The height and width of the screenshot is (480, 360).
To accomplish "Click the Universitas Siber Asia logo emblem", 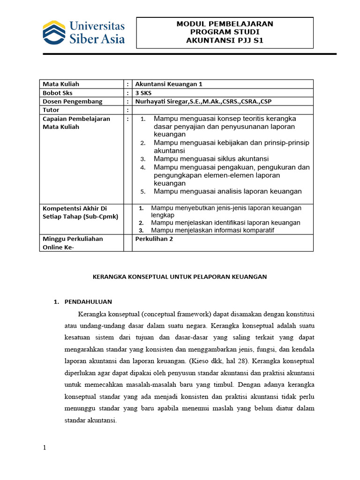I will click(54, 32).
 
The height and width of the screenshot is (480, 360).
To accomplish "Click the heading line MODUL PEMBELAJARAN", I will click(225, 23).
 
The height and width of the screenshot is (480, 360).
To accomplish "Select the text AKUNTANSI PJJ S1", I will click(225, 40).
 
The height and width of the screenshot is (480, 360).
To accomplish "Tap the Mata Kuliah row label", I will click(61, 84).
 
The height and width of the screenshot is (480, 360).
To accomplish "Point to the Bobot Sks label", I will click(58, 93).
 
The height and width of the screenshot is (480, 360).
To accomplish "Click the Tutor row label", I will click(51, 110).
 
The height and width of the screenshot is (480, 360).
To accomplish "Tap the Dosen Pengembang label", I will click(72, 101).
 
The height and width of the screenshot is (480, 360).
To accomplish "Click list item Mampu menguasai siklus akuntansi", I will click(211, 159).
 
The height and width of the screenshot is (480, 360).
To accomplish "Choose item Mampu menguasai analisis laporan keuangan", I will click(228, 191).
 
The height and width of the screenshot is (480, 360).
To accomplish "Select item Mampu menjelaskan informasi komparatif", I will click(212, 230).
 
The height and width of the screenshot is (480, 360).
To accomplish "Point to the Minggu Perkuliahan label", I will click(73, 239).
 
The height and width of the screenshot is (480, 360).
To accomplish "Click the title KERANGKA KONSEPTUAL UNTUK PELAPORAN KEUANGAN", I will click(180, 277).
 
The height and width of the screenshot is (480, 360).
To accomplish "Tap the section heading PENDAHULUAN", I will click(88, 301).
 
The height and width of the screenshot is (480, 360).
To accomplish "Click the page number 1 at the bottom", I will click(45, 448).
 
